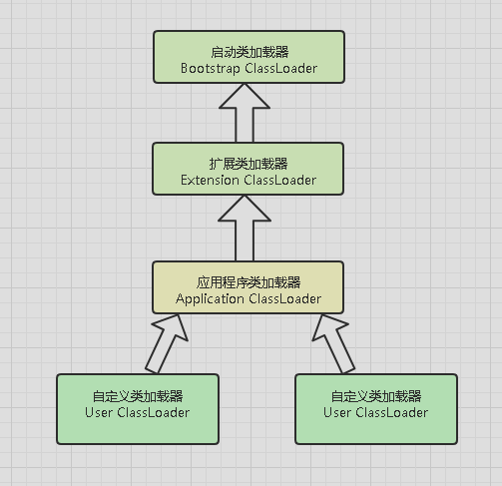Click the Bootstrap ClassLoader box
[x=249, y=56]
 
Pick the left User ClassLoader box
[x=137, y=408]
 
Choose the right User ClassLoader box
[x=376, y=408]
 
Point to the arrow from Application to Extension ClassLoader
[x=249, y=226]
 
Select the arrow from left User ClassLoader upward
[x=166, y=343]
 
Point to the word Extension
[x=213, y=181]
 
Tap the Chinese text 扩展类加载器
[x=249, y=163]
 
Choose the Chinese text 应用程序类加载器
[x=249, y=280]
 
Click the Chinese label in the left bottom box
[x=137, y=395]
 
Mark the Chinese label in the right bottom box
[x=376, y=395]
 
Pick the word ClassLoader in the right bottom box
[x=392, y=412]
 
